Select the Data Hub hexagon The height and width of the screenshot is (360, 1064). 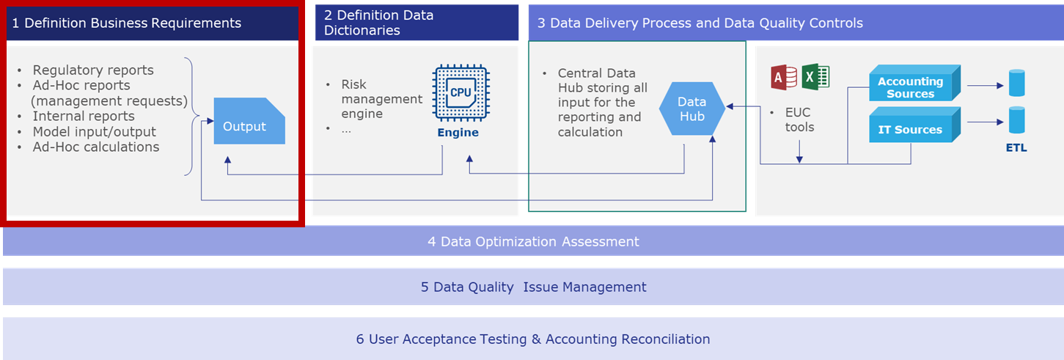point(691,109)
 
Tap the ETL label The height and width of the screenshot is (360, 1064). point(1016,147)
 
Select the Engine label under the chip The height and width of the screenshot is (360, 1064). point(458,133)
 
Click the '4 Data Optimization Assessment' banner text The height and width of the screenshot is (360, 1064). point(533,241)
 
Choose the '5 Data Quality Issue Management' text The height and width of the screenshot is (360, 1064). point(533,287)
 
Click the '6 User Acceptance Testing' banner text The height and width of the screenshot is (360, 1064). point(533,339)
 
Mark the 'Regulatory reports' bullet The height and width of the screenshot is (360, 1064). point(93,70)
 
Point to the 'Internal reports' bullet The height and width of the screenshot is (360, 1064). point(84,116)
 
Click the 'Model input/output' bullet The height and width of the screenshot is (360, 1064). point(95,131)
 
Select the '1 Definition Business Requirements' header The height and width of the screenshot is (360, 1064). point(127,23)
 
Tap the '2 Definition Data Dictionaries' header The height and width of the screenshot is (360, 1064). point(379,23)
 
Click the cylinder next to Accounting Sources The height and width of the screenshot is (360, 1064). point(1016,83)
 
